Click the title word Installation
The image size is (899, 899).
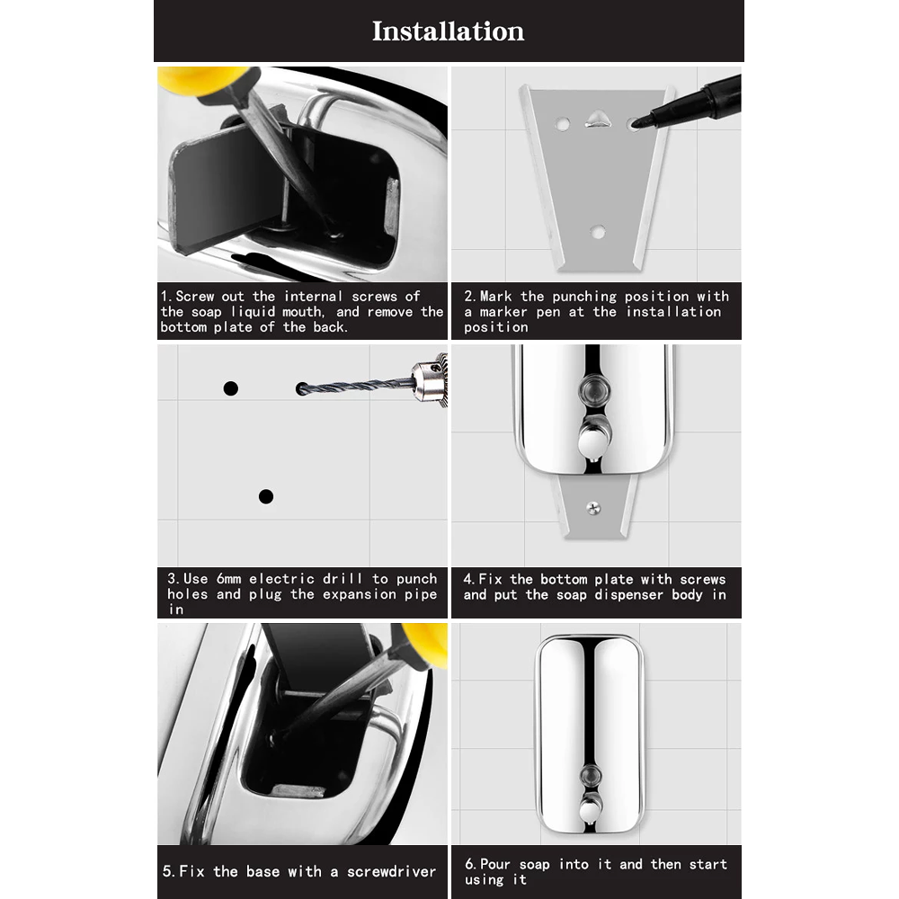pos(448,31)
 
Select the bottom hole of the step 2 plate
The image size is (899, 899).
pos(597,232)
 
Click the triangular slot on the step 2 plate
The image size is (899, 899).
pos(595,118)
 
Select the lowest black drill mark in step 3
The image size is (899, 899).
pos(265,496)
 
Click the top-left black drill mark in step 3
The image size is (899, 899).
pos(231,388)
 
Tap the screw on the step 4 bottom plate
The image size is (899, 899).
pos(593,508)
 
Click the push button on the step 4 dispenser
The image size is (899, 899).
pos(593,440)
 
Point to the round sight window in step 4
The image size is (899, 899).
pos(593,388)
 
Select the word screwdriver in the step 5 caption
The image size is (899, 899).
pos(393,871)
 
